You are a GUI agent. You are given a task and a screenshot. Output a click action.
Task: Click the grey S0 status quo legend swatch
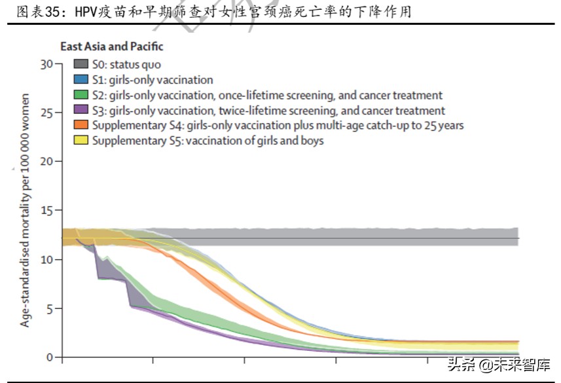[x=81, y=64]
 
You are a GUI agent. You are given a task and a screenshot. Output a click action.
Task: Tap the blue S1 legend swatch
[x=81, y=79]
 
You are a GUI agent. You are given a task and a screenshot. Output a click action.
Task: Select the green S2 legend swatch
[x=81, y=95]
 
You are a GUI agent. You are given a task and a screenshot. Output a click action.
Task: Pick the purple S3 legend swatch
[x=81, y=110]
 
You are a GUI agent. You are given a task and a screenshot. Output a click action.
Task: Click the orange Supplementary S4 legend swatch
[x=81, y=125]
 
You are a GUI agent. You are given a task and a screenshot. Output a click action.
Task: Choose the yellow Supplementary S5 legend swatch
[x=81, y=140]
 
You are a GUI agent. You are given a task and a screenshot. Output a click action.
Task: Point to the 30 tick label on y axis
[x=45, y=64]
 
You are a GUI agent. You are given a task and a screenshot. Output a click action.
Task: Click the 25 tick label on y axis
[x=45, y=113]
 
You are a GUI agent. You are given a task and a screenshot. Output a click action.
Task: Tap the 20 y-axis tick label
[x=45, y=162]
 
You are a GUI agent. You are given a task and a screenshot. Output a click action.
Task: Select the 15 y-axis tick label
[x=45, y=211]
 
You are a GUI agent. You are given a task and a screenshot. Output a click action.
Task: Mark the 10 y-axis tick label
[x=45, y=259]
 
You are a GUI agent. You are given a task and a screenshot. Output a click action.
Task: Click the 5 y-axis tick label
[x=48, y=308]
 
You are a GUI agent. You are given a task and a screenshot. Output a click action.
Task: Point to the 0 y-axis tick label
[x=48, y=357]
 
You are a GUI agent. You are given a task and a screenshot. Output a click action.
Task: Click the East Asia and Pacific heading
[x=112, y=46]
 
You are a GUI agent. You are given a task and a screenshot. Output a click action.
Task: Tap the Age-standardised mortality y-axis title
[x=25, y=210]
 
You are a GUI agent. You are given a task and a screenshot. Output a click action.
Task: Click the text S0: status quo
[x=126, y=65]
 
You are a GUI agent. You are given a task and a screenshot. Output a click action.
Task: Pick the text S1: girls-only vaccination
[x=153, y=80]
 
